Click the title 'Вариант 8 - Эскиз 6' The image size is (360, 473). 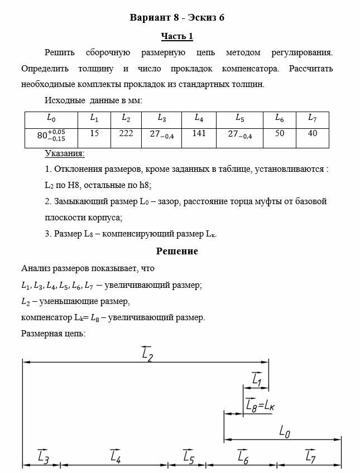177,17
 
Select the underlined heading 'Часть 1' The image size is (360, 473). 177,36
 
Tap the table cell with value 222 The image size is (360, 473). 126,134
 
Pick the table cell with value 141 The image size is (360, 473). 199,134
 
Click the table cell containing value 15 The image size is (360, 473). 94,134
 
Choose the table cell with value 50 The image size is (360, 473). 280,134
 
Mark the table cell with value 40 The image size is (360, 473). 313,134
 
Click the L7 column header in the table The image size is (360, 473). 313,118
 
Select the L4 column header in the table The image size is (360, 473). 199,118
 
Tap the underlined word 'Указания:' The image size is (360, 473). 64,153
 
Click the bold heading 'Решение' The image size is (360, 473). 177,251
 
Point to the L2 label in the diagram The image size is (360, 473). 147,354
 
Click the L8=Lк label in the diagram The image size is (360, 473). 260,406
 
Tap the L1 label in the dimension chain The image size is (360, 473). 257,380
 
